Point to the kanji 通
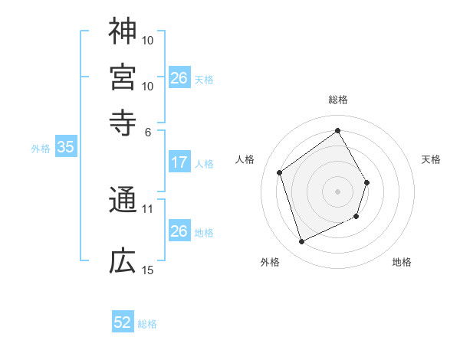[x=123, y=201]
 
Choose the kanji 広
[x=123, y=262]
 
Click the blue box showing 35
[x=65, y=148]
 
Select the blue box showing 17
[x=179, y=162]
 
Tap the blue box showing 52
[x=123, y=322]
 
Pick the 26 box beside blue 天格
[x=179, y=78]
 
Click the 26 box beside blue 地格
[x=179, y=231]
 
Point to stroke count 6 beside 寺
[x=148, y=131]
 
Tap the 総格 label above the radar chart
[x=338, y=100]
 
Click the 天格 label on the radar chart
[x=432, y=159]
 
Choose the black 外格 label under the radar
[x=270, y=262]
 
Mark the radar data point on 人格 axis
[x=280, y=172]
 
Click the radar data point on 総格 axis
[x=338, y=131]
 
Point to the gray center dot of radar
[x=338, y=191]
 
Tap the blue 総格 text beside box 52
[x=147, y=324]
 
